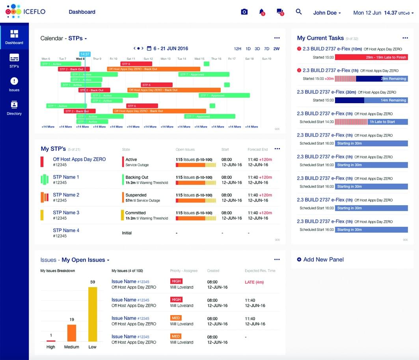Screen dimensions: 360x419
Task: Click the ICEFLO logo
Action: (25, 12)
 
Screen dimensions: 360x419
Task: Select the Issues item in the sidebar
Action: (14, 84)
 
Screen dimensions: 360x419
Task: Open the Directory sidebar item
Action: (14, 108)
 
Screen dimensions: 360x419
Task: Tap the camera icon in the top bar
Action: (244, 12)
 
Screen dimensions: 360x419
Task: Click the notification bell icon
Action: (261, 12)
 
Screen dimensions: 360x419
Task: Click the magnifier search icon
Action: (299, 12)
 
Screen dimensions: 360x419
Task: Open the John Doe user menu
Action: (327, 13)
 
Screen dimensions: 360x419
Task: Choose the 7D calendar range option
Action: (266, 49)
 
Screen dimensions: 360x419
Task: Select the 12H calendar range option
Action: (237, 49)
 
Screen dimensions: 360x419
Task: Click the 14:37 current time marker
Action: (85, 54)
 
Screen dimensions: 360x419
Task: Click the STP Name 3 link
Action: (66, 213)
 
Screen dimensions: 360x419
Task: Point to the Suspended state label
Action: (136, 195)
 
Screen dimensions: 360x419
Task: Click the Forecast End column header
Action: (257, 150)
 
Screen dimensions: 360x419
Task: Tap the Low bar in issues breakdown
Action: (93, 314)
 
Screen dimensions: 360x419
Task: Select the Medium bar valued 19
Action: (72, 333)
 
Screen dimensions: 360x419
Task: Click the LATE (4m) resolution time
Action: (254, 282)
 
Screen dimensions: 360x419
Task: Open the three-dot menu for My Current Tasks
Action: (405, 38)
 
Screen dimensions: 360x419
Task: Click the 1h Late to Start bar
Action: (387, 122)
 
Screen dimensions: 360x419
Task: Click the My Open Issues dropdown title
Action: (85, 260)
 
